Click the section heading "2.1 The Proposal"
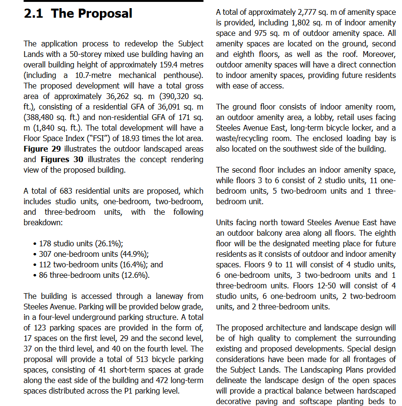tap(78, 13)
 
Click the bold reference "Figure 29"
tap(43, 149)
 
